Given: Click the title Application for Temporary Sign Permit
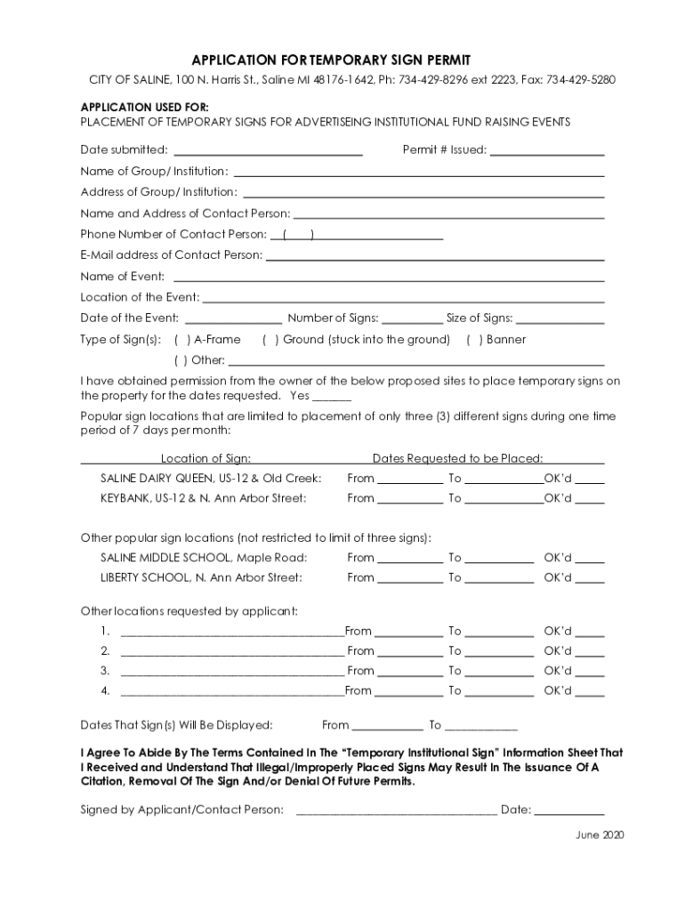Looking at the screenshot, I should tap(342, 59).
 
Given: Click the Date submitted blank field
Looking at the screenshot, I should tap(268, 151).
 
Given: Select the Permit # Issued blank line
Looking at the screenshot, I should tap(547, 151).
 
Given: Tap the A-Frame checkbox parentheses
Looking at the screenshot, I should tap(181, 340).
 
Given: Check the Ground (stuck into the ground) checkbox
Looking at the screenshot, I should tap(270, 340).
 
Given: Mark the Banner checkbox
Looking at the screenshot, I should tap(474, 340).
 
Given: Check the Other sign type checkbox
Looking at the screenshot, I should tap(181, 361).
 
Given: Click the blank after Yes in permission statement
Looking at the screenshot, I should tap(332, 397).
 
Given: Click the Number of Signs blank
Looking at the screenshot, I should tap(412, 319).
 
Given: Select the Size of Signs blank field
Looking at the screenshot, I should tap(560, 319).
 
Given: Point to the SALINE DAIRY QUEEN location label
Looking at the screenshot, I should tap(210, 479).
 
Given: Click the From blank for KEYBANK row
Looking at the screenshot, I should tap(410, 499).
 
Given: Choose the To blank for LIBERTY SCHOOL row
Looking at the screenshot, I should tap(499, 578).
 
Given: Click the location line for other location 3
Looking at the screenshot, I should tap(231, 672).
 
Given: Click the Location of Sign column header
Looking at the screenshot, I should tap(205, 459).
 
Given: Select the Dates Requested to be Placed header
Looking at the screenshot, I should tap(457, 459).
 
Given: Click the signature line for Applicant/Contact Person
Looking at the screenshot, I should tap(396, 810).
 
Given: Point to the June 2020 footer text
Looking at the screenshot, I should tap(600, 835).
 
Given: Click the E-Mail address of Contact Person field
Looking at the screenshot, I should tap(435, 256).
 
